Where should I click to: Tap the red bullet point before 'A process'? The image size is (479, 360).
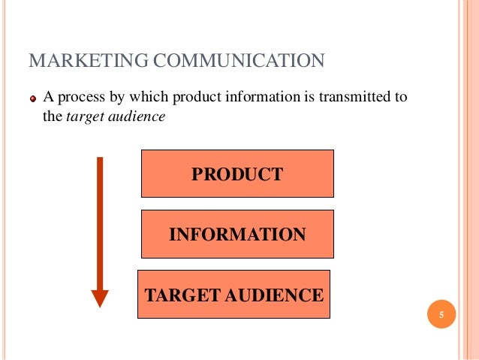pos(33,98)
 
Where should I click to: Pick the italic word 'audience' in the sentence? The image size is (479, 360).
pos(137,117)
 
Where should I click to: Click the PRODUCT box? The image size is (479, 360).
pos(237,174)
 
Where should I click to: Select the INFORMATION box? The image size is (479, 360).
pos(237,234)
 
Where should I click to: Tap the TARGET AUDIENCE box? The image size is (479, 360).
pos(233,294)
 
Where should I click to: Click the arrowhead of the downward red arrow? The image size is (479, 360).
pos(100,298)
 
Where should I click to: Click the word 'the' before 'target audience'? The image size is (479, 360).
pos(53,117)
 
